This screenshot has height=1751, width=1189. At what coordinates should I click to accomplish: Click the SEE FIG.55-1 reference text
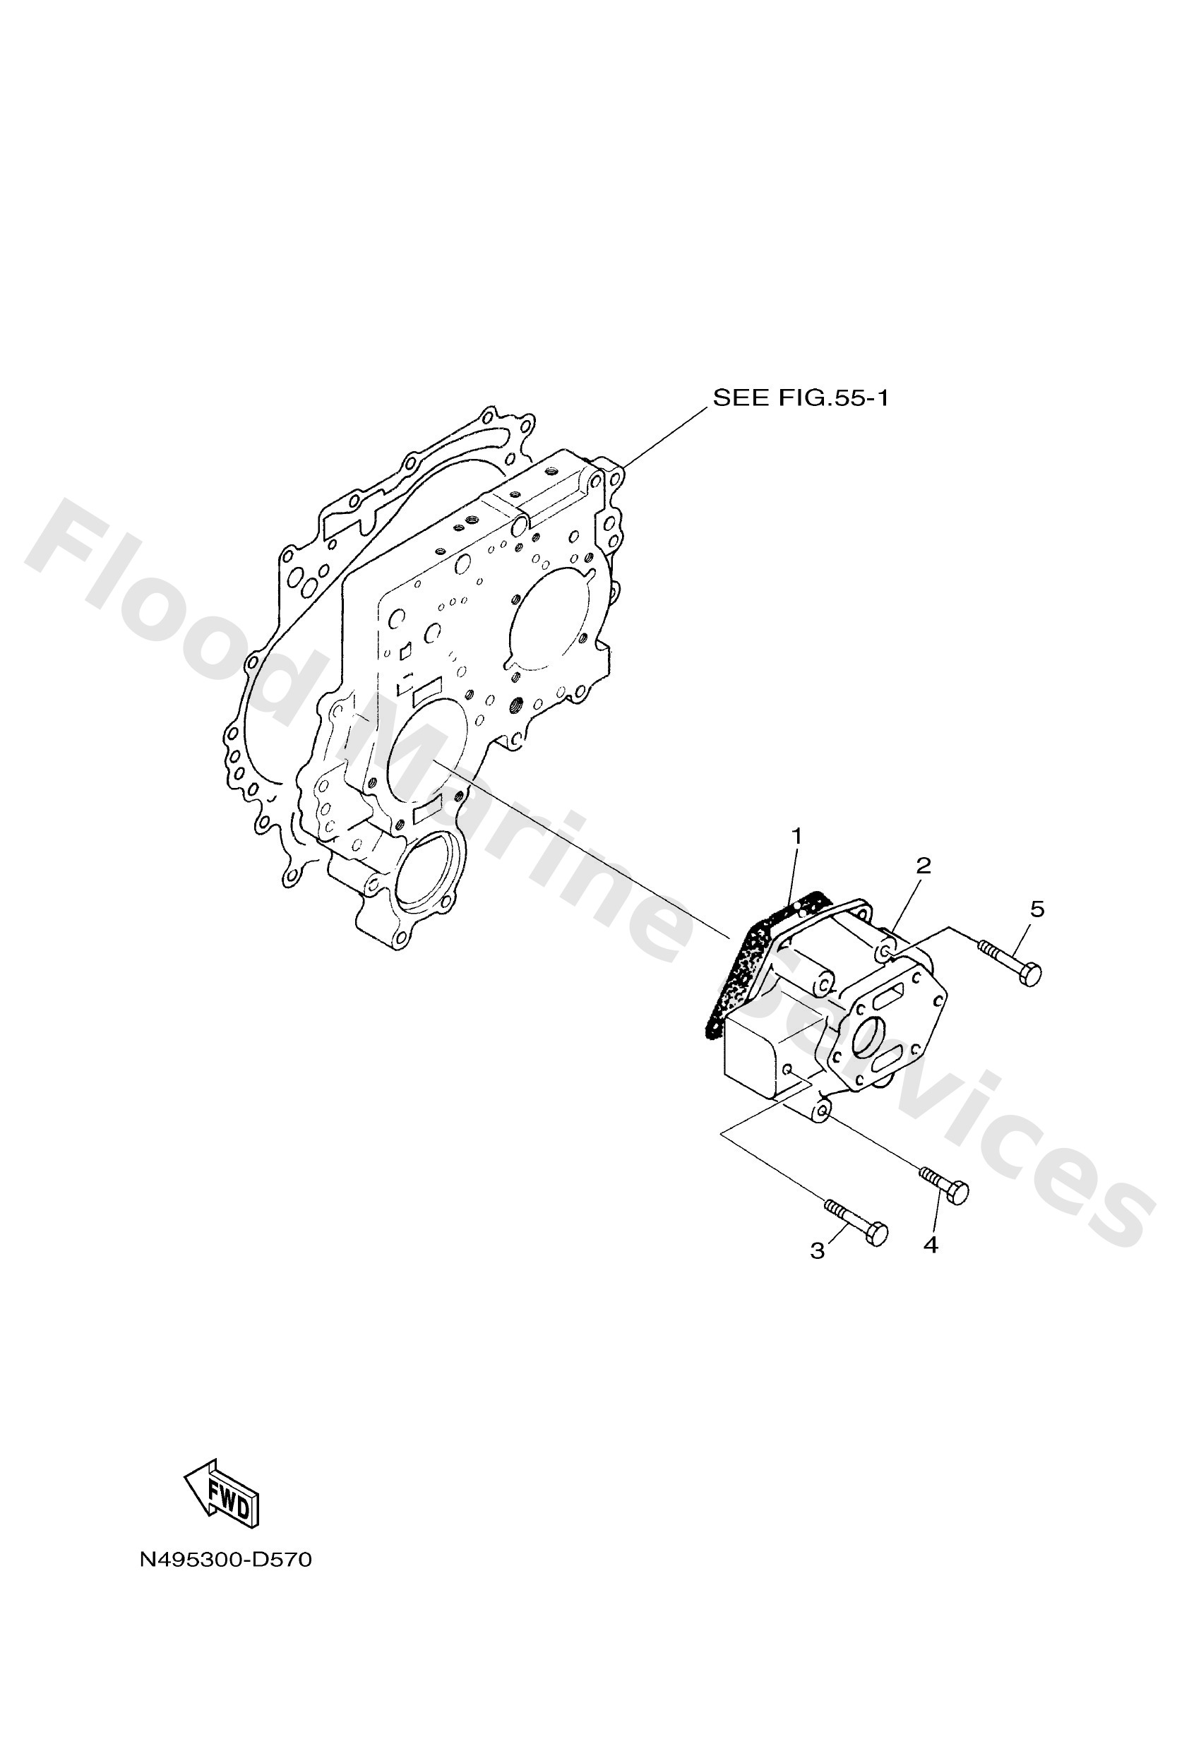pos(800,398)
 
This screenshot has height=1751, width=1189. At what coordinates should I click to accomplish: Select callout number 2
pos(924,866)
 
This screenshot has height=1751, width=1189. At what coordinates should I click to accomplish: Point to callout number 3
pos(818,1251)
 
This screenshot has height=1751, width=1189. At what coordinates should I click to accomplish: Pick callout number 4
pos(931,1245)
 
